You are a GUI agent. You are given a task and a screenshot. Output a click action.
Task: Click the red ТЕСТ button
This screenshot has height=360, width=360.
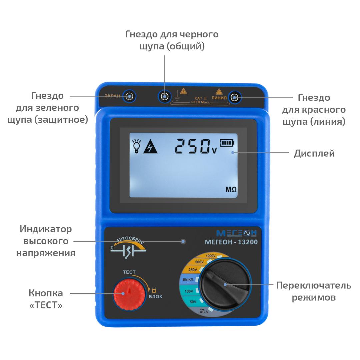[x=129, y=294]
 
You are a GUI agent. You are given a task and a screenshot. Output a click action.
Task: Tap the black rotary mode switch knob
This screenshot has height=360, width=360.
[x=225, y=285]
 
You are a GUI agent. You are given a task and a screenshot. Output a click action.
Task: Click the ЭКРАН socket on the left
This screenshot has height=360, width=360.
[x=129, y=96]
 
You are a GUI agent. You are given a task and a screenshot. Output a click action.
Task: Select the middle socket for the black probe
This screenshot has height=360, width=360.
[x=165, y=96]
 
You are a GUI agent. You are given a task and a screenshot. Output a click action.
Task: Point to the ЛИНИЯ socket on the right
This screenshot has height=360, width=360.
[x=234, y=98]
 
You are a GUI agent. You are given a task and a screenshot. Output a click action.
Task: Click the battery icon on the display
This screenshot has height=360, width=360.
[x=227, y=143]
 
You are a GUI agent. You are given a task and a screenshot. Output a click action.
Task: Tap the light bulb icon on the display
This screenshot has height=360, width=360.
[x=136, y=146]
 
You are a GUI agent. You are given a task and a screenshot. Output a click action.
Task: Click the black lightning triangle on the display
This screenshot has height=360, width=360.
[x=150, y=146]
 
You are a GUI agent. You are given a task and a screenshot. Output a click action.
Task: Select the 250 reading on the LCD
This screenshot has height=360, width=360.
[x=192, y=146]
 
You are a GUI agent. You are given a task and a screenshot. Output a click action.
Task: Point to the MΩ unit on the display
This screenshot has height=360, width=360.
[x=231, y=189]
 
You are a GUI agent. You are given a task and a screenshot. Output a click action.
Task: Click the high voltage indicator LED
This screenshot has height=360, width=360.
[x=183, y=242]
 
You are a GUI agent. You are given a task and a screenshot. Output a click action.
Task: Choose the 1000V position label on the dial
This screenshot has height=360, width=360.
[x=210, y=256]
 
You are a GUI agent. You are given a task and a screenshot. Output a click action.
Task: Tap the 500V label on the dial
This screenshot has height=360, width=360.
[x=199, y=262]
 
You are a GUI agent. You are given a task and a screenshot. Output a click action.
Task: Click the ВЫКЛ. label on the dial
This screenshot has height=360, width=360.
[x=188, y=280]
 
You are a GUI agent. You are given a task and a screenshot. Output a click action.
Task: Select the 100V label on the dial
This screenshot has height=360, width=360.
[x=189, y=291]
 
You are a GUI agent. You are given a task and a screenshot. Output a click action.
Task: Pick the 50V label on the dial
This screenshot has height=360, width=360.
[x=193, y=302]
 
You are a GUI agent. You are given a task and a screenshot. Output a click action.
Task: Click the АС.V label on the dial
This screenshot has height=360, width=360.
[x=204, y=311]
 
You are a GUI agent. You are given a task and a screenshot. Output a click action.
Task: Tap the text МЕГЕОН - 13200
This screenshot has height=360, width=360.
[x=231, y=242]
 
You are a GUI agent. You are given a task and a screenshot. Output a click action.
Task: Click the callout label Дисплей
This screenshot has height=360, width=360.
[x=314, y=153]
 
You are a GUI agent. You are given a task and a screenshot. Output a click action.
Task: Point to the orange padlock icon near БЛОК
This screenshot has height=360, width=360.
[x=154, y=290]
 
